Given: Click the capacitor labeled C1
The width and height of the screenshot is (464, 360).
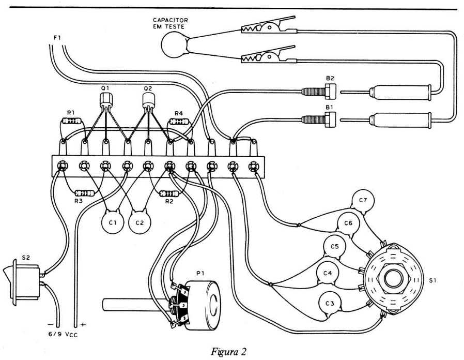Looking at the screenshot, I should [x=112, y=223].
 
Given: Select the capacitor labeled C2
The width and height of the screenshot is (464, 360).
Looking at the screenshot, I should [x=139, y=223].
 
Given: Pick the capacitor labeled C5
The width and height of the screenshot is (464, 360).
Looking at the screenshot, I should [x=334, y=247].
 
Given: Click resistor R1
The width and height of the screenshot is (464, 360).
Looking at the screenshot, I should [x=72, y=122].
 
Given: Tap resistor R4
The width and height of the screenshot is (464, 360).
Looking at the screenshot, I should [x=179, y=122].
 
